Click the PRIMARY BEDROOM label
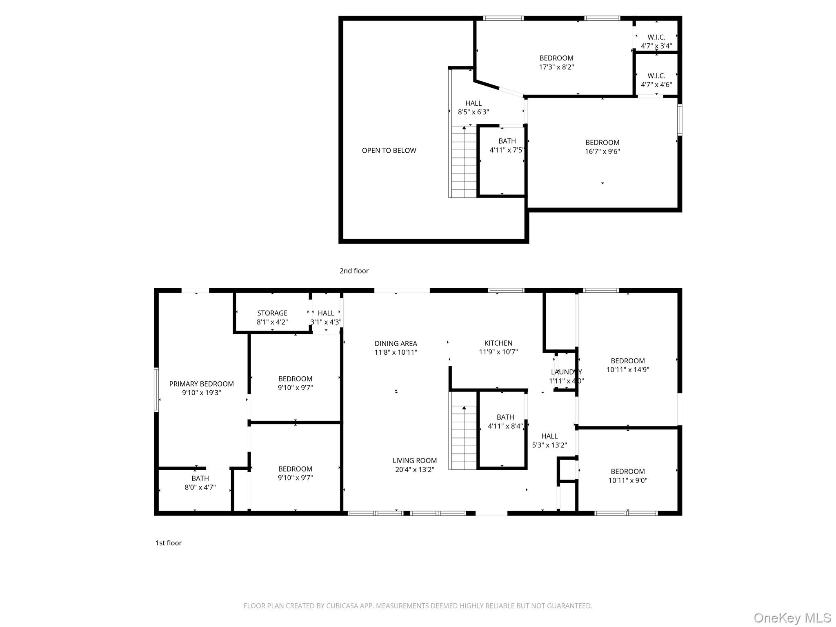click(x=201, y=384)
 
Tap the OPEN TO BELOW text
click(x=389, y=150)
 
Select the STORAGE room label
click(x=272, y=313)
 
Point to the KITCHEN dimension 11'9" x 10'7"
click(x=498, y=352)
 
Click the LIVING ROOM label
click(x=414, y=460)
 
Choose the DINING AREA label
click(x=396, y=343)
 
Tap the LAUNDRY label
click(x=566, y=372)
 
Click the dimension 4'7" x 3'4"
click(x=656, y=46)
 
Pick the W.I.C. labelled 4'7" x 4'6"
click(x=656, y=76)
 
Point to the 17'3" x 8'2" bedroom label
click(x=556, y=58)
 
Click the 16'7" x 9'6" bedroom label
click(x=602, y=142)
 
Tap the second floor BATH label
click(x=507, y=141)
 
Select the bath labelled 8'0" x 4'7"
click(x=200, y=478)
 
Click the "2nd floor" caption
click(x=354, y=271)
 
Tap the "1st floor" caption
click(x=168, y=543)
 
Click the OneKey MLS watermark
click(x=792, y=618)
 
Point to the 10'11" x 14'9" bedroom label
click(x=627, y=361)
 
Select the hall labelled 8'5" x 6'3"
click(x=473, y=103)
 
